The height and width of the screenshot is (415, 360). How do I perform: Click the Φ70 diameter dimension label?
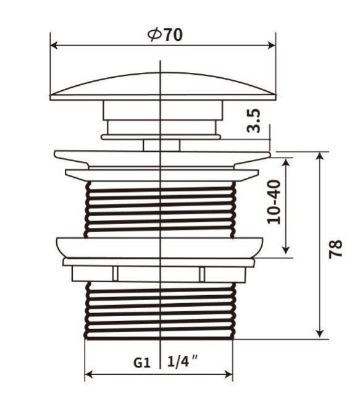pyautogui.click(x=165, y=35)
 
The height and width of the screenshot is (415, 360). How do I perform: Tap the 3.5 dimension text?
pyautogui.click(x=254, y=120)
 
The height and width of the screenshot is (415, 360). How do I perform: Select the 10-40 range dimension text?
pyautogui.click(x=274, y=202)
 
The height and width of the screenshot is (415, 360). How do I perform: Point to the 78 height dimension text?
pyautogui.click(x=335, y=249)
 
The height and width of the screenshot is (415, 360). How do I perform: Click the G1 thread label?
pyautogui.click(x=141, y=363)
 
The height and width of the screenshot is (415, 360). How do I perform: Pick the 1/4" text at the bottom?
pyautogui.click(x=183, y=361)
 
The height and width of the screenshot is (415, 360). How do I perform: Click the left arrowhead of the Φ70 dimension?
pyautogui.click(x=54, y=45)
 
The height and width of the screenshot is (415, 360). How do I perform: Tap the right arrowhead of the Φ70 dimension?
pyautogui.click(x=272, y=45)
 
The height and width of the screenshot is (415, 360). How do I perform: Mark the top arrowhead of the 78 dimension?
pyautogui.click(x=320, y=156)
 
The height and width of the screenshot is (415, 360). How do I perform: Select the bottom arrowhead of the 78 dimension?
pyautogui.click(x=320, y=334)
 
